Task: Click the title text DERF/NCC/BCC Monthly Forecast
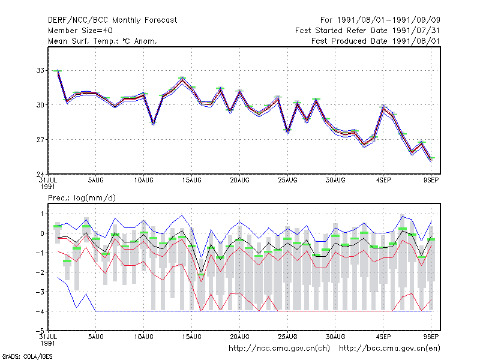coord(112,20)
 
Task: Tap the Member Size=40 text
coord(80,31)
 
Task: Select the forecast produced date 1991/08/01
coord(416,41)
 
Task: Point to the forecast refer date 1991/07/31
coord(416,31)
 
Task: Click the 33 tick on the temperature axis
coord(40,70)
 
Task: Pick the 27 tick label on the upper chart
coord(40,140)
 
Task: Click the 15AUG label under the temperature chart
coord(192,181)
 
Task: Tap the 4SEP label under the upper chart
coord(383,181)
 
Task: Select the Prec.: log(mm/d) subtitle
coord(82,198)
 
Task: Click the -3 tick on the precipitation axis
coord(40,292)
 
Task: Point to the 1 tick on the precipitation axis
coord(42,214)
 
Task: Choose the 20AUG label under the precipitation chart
coord(239,337)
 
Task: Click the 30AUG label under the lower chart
coord(335,337)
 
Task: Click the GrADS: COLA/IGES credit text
coord(27,356)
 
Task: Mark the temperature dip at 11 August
coord(154,123)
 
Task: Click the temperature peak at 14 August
coord(182,79)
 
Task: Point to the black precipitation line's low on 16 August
coord(201,272)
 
